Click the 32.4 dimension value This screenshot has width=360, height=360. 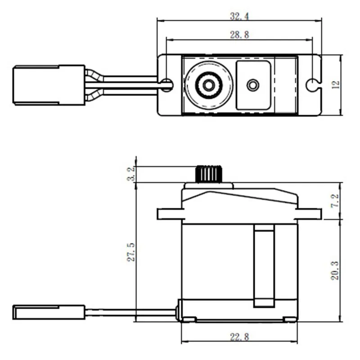click(x=240, y=17)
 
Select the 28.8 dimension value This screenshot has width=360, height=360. click(x=240, y=35)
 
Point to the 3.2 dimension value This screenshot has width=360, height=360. click(x=131, y=174)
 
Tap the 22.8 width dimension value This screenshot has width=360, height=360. click(x=239, y=336)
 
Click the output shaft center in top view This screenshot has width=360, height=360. click(x=208, y=85)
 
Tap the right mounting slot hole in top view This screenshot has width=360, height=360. click(x=311, y=84)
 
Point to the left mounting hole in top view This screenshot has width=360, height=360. click(x=167, y=84)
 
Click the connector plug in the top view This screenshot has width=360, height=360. click(x=49, y=85)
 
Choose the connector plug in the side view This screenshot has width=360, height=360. click(x=49, y=311)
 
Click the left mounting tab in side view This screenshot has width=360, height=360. click(x=169, y=214)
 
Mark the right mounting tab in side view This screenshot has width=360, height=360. click(x=310, y=214)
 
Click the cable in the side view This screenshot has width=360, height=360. click(x=130, y=311)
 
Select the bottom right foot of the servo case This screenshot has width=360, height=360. click(x=290, y=319)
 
